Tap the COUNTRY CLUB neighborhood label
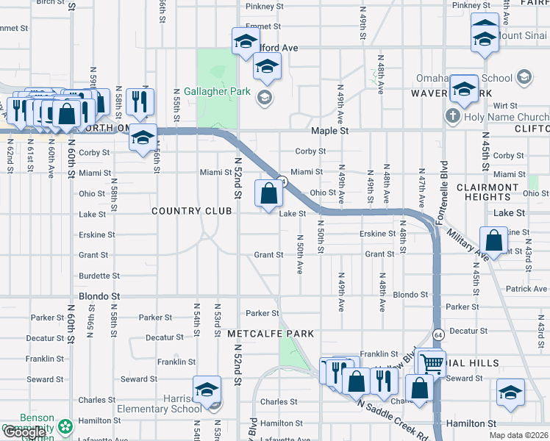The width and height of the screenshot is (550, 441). point(192,211)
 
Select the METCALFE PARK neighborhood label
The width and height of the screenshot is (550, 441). point(271,334)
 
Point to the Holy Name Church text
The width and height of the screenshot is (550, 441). point(507,117)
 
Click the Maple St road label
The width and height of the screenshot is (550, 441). point(329,131)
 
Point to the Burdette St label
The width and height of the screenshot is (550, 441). point(99,276)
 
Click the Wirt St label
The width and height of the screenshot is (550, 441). point(506,106)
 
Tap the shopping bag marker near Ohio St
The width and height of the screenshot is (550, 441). point(269,194)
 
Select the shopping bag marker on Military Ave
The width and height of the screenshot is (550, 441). point(494,240)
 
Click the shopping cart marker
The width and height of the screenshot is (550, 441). point(432,362)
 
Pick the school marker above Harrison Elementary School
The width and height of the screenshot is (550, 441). point(207,389)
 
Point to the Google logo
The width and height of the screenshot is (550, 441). point(24,432)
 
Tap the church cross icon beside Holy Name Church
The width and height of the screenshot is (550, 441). point(453,117)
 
